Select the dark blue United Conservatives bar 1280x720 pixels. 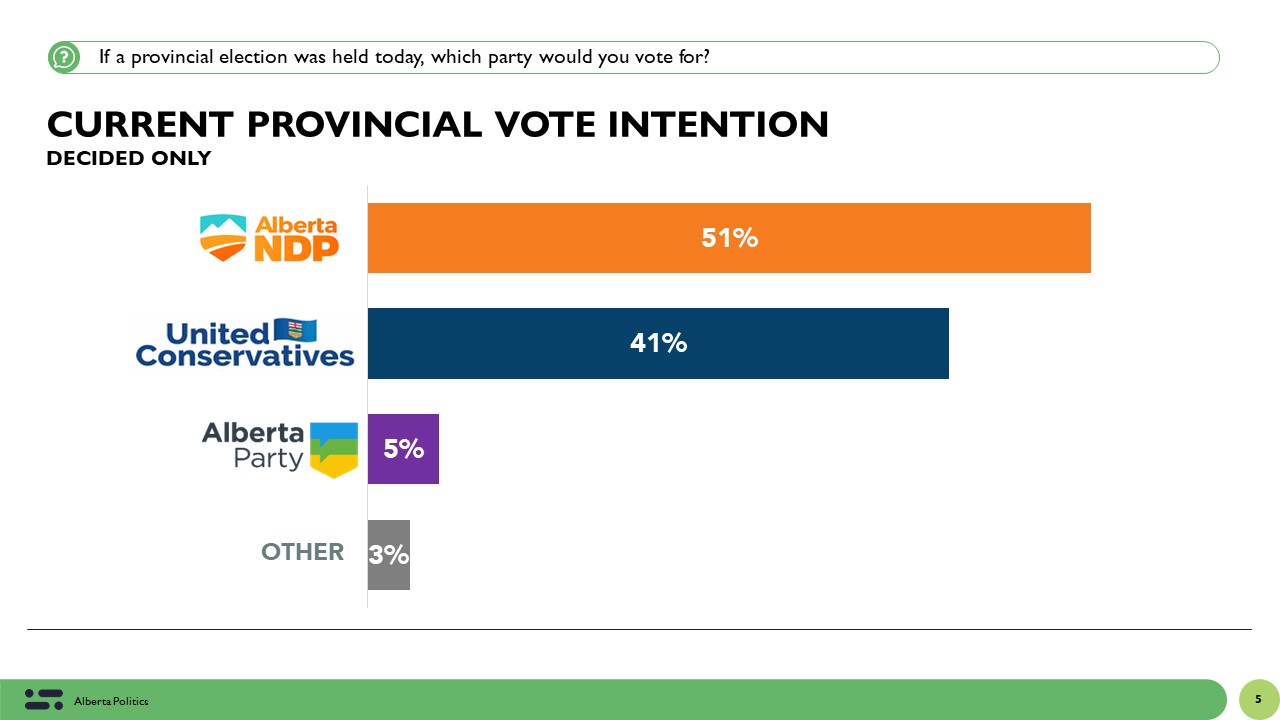[x=800, y=343]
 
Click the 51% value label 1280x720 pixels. [x=729, y=238]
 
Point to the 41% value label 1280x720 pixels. [x=658, y=343]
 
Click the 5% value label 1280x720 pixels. [x=403, y=449]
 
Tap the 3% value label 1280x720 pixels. [x=388, y=555]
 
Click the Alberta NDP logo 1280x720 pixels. [x=269, y=238]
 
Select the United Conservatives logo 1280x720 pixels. [x=245, y=343]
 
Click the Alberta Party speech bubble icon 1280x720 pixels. [x=333, y=449]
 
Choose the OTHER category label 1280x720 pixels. [x=302, y=552]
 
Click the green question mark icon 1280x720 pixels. [x=64, y=57]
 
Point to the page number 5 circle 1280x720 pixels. [x=1258, y=699]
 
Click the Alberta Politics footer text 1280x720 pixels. [x=111, y=702]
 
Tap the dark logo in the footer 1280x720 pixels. [x=44, y=700]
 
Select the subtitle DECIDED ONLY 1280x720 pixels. [x=129, y=159]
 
